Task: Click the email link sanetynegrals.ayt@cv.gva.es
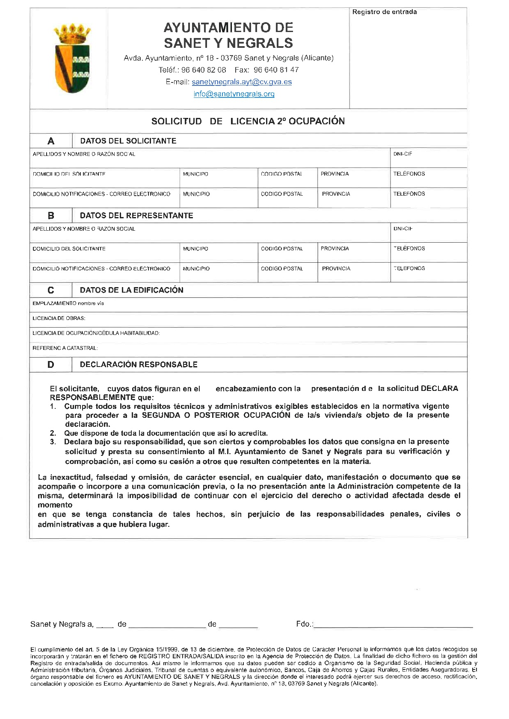click(x=242, y=82)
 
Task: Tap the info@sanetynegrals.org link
click(x=234, y=94)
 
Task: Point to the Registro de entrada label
click(x=384, y=12)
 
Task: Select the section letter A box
click(x=51, y=141)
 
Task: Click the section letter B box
click(x=51, y=216)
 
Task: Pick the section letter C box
click(x=51, y=291)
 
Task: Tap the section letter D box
click(x=51, y=365)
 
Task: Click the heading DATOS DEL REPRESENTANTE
click(x=136, y=216)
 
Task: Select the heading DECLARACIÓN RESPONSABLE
click(x=139, y=365)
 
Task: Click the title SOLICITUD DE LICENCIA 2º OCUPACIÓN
click(x=248, y=121)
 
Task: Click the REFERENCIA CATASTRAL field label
click(x=65, y=348)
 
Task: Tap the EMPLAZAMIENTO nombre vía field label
click(x=68, y=303)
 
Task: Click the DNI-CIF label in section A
click(x=402, y=154)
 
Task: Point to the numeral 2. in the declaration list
click(x=53, y=433)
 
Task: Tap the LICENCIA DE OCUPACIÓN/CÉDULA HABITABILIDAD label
click(x=96, y=333)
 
